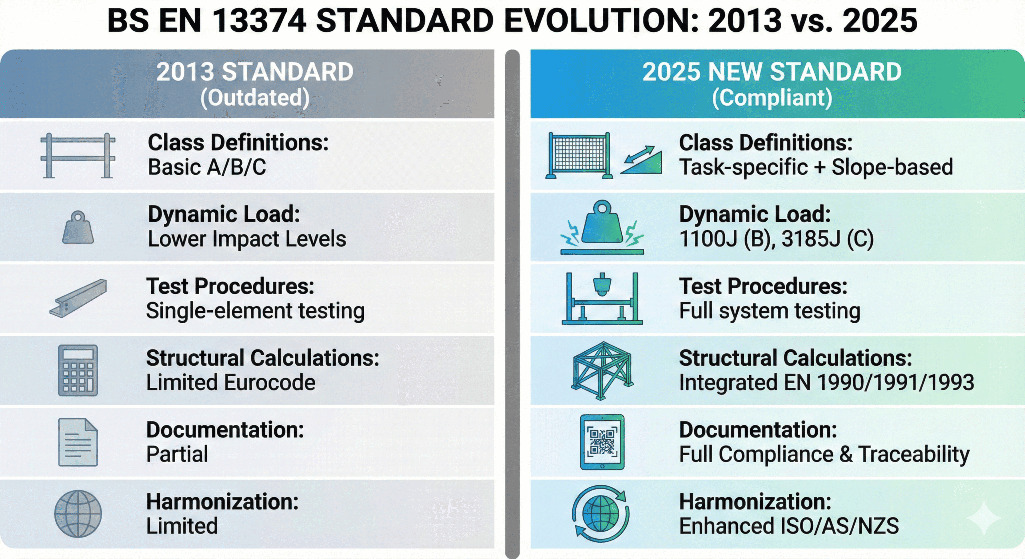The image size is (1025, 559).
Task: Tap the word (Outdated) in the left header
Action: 255,98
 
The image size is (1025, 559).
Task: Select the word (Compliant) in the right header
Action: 772,98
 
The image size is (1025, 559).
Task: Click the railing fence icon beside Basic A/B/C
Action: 78,156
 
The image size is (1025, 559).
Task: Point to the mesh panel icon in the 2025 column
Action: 579,155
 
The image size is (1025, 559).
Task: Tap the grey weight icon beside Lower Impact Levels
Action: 78,228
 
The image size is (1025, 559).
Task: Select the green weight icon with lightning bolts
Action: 602,227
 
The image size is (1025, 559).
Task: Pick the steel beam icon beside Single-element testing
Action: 79,298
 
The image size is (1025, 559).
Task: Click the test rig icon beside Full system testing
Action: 602,298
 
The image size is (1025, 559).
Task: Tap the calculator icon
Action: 78,370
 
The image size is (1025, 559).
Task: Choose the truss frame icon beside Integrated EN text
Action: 602,370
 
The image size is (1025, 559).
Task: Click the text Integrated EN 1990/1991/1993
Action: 826,383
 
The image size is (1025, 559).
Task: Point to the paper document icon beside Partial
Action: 78,442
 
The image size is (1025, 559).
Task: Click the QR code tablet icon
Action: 602,442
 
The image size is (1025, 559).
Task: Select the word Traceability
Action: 914,454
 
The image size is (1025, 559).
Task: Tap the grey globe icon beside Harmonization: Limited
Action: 78,514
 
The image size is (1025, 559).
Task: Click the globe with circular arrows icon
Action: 601,514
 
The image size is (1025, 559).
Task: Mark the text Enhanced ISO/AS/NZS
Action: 789,526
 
